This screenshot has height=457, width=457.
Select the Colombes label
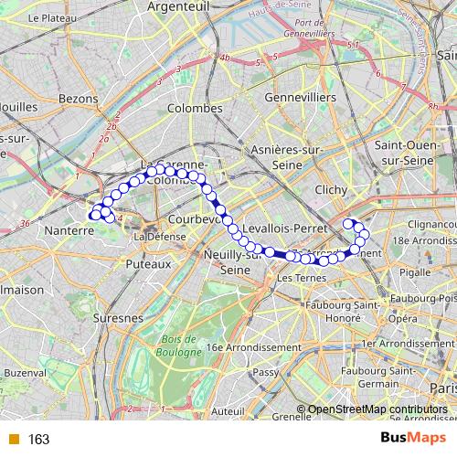tap(195, 108)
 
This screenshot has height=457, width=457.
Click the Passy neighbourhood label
tap(265, 372)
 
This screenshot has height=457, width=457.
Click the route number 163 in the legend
tap(38, 440)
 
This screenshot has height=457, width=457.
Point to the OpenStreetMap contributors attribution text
tap(377, 410)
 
